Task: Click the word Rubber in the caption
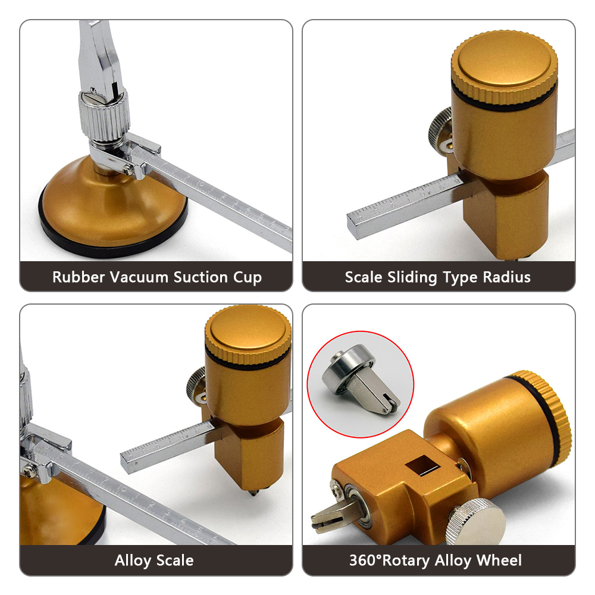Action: [78, 277]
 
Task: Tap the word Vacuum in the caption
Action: [139, 277]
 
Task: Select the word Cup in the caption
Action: [248, 278]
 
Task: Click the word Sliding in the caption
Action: [412, 278]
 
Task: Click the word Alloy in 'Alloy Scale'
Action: [133, 561]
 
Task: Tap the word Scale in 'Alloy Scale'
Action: [175, 560]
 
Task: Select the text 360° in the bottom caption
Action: [365, 560]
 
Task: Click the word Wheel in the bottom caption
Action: [499, 560]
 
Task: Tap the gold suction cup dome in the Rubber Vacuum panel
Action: [114, 205]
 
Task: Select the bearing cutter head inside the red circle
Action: [359, 380]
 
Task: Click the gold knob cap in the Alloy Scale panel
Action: [248, 334]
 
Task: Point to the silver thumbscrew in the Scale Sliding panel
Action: [441, 129]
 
